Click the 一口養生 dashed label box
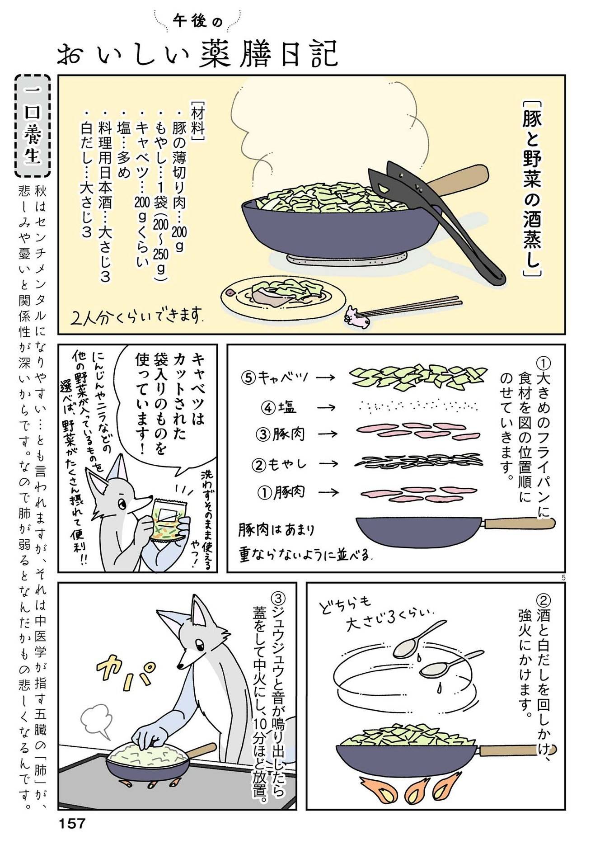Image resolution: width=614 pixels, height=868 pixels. point(32,127)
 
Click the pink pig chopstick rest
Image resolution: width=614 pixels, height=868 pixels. point(356,316)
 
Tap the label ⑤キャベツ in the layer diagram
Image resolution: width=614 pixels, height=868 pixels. point(277,377)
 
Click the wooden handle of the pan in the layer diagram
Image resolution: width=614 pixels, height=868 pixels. point(520,523)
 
